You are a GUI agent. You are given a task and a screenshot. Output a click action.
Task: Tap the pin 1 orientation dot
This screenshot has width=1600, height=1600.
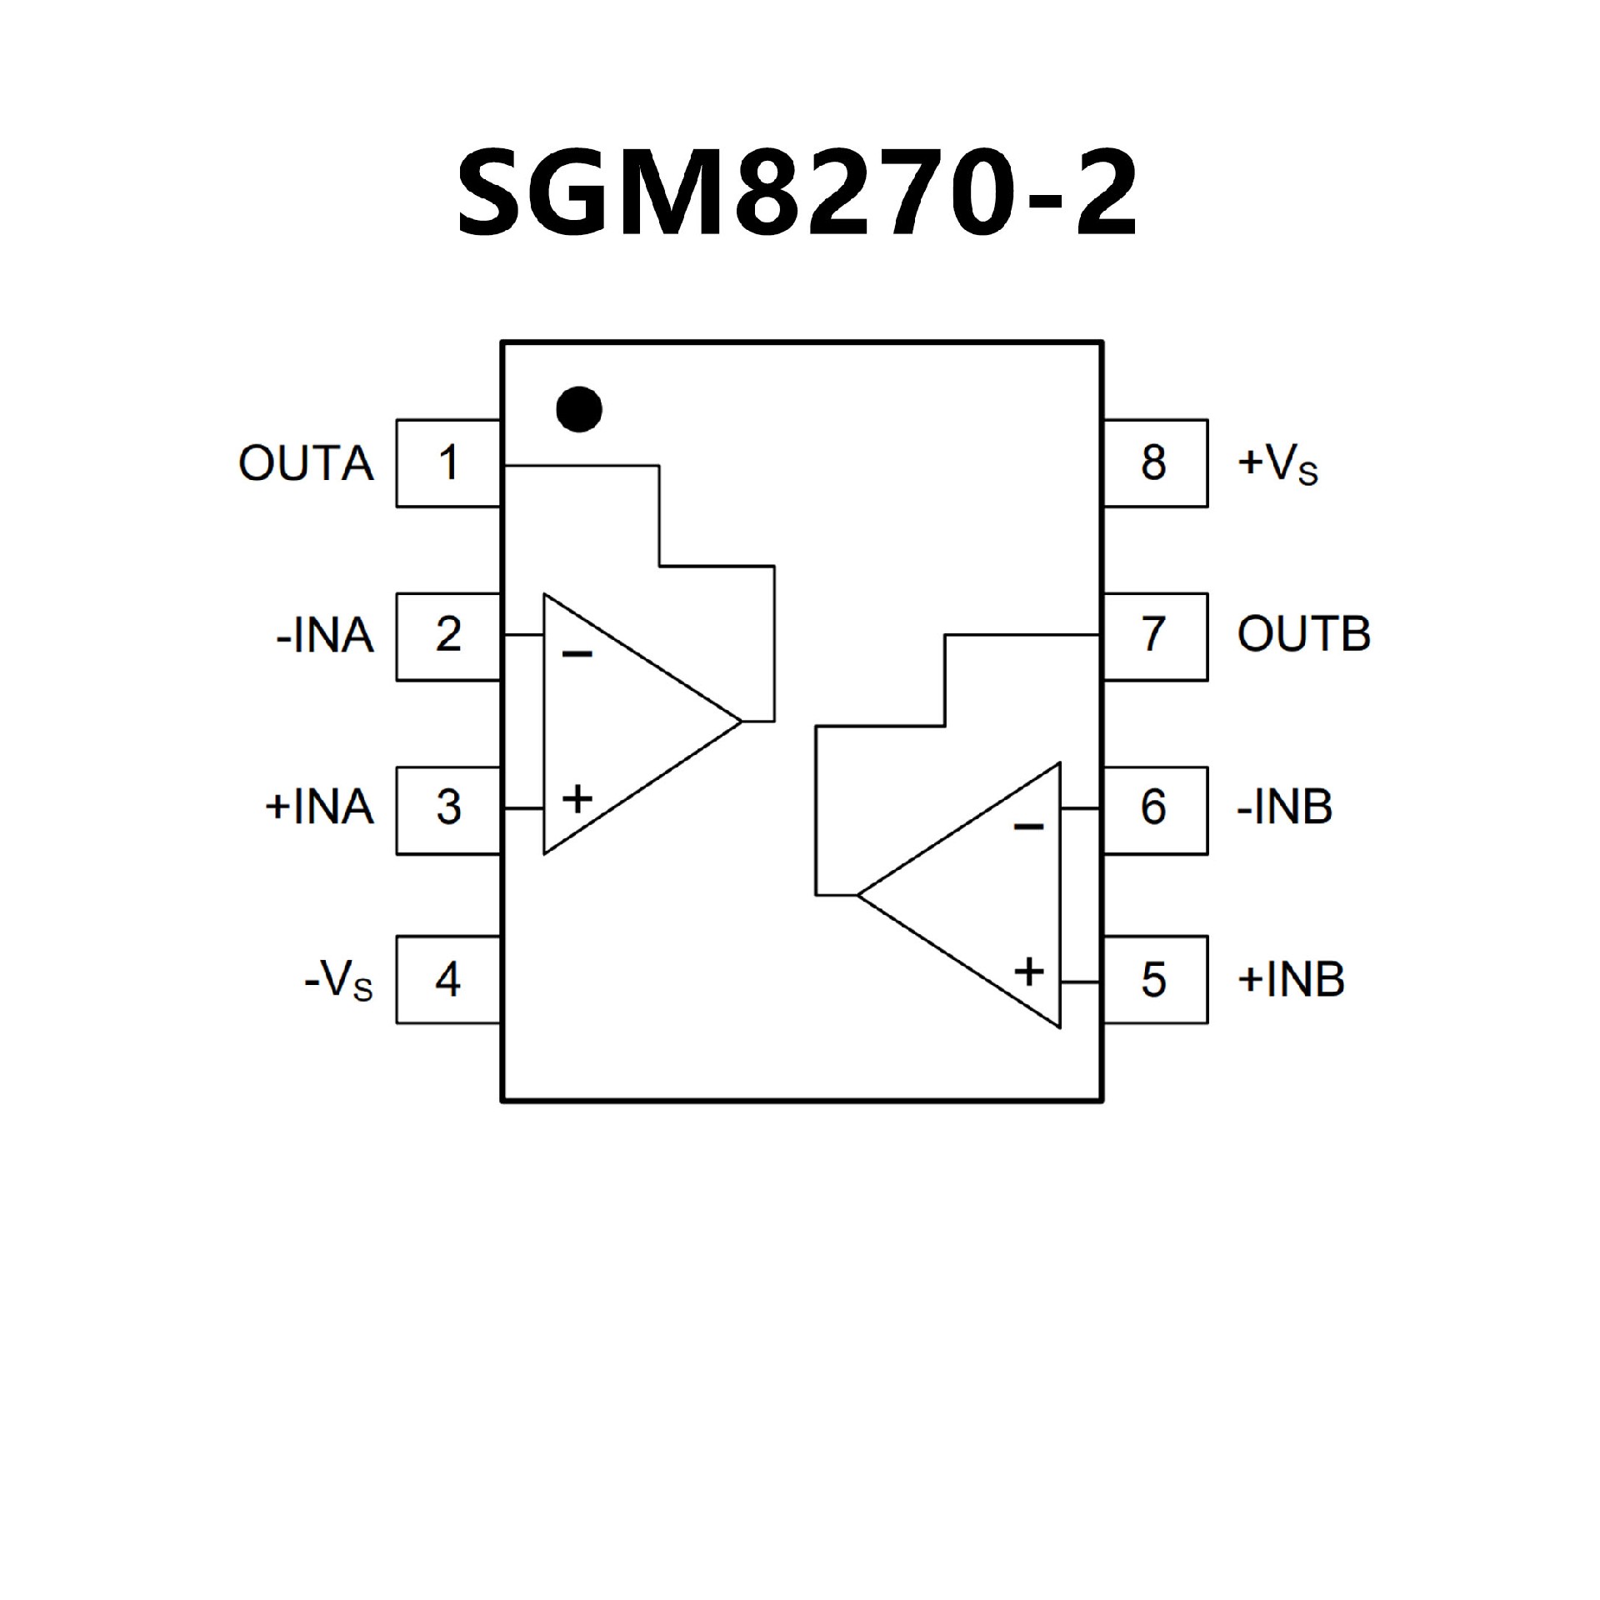coord(578,409)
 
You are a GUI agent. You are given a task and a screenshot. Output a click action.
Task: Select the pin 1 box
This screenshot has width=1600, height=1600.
coord(448,462)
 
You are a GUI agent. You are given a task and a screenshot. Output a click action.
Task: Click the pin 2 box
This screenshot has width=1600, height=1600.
coord(448,636)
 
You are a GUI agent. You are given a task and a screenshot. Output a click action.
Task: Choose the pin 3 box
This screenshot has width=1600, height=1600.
coord(448,808)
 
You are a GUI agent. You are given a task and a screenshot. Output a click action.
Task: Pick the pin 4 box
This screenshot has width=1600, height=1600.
coord(448,980)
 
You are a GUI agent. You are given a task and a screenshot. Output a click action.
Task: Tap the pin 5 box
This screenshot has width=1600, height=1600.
coord(1154,980)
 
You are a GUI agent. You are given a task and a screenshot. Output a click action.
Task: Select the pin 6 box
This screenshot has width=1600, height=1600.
coord(1154,808)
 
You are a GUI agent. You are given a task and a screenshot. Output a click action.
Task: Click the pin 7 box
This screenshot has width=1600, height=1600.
coord(1154,636)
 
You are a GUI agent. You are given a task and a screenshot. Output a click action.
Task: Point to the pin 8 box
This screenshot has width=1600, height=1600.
coord(1154,462)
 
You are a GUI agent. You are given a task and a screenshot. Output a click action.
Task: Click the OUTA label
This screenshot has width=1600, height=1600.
coord(306,463)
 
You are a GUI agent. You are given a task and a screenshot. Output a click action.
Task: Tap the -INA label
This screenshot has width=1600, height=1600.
coord(325,636)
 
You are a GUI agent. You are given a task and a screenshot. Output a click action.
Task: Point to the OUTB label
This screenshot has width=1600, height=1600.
coord(1303,635)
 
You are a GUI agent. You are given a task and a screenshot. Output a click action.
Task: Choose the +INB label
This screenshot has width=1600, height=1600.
coord(1291,980)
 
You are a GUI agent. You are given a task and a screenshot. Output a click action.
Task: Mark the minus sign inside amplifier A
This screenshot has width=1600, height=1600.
coord(577,654)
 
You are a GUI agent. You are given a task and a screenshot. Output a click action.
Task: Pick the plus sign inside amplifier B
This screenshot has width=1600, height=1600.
coord(1029,972)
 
